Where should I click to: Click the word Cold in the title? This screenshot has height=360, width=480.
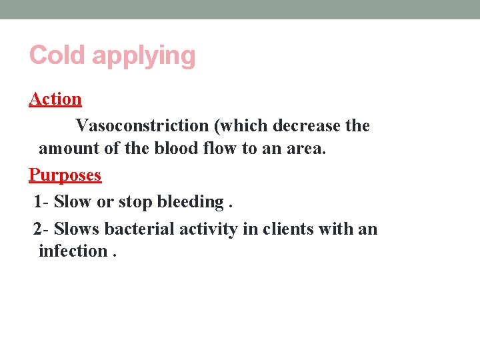coord(58,55)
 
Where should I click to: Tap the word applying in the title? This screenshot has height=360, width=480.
coord(143,56)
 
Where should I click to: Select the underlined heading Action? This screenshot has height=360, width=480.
coord(55,99)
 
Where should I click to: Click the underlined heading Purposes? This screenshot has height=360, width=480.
coord(65,175)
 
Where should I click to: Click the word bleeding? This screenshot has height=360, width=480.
coord(190,202)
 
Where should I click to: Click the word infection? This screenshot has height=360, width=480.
coord(73,251)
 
